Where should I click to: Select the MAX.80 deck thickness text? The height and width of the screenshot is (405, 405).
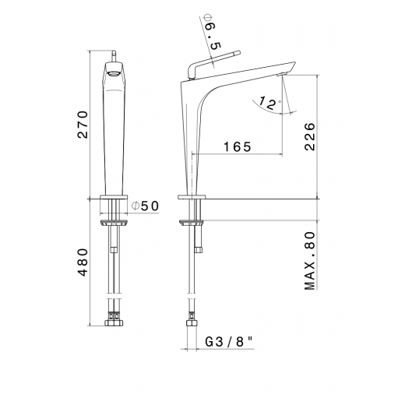[310, 261]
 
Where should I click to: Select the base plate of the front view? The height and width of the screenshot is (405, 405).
[115, 195]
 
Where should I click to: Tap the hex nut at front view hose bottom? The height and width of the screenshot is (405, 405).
[115, 321]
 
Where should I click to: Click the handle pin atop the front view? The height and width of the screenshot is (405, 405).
[115, 54]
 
